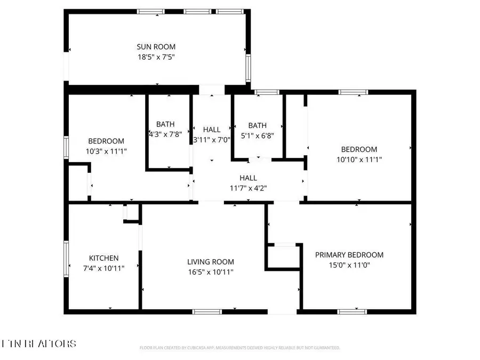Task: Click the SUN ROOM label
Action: [x=156, y=47]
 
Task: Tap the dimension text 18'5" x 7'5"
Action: [x=156, y=57]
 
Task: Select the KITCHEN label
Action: [x=103, y=258]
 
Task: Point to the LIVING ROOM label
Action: [x=210, y=262]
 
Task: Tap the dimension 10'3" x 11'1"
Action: [x=106, y=151]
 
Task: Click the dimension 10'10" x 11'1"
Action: [x=359, y=159]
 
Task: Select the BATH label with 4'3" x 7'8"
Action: [x=165, y=125]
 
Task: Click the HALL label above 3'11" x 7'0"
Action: [x=212, y=130]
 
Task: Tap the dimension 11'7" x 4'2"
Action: [x=248, y=188]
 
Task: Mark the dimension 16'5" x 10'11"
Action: [x=210, y=271]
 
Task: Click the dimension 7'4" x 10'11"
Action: [x=103, y=268]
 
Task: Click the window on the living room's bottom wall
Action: [x=207, y=311]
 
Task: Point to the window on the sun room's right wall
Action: [x=247, y=68]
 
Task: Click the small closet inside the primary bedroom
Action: [x=283, y=256]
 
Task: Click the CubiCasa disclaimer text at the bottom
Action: [x=239, y=348]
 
